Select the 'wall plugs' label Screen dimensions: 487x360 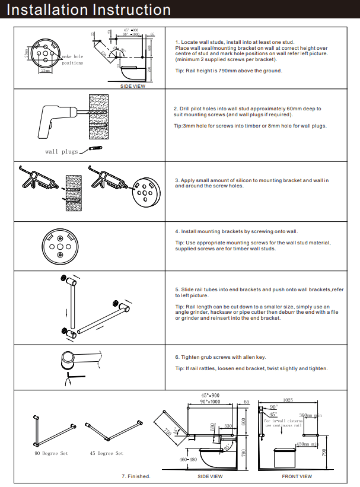[62, 152]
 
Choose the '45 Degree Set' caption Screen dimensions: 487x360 [107, 453]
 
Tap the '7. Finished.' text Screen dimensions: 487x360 [136, 476]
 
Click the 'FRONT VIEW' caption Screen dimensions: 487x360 [297, 476]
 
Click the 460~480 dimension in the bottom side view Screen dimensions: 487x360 [187, 459]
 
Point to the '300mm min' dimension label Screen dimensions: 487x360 [310, 416]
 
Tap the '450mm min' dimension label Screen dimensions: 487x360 [308, 444]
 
